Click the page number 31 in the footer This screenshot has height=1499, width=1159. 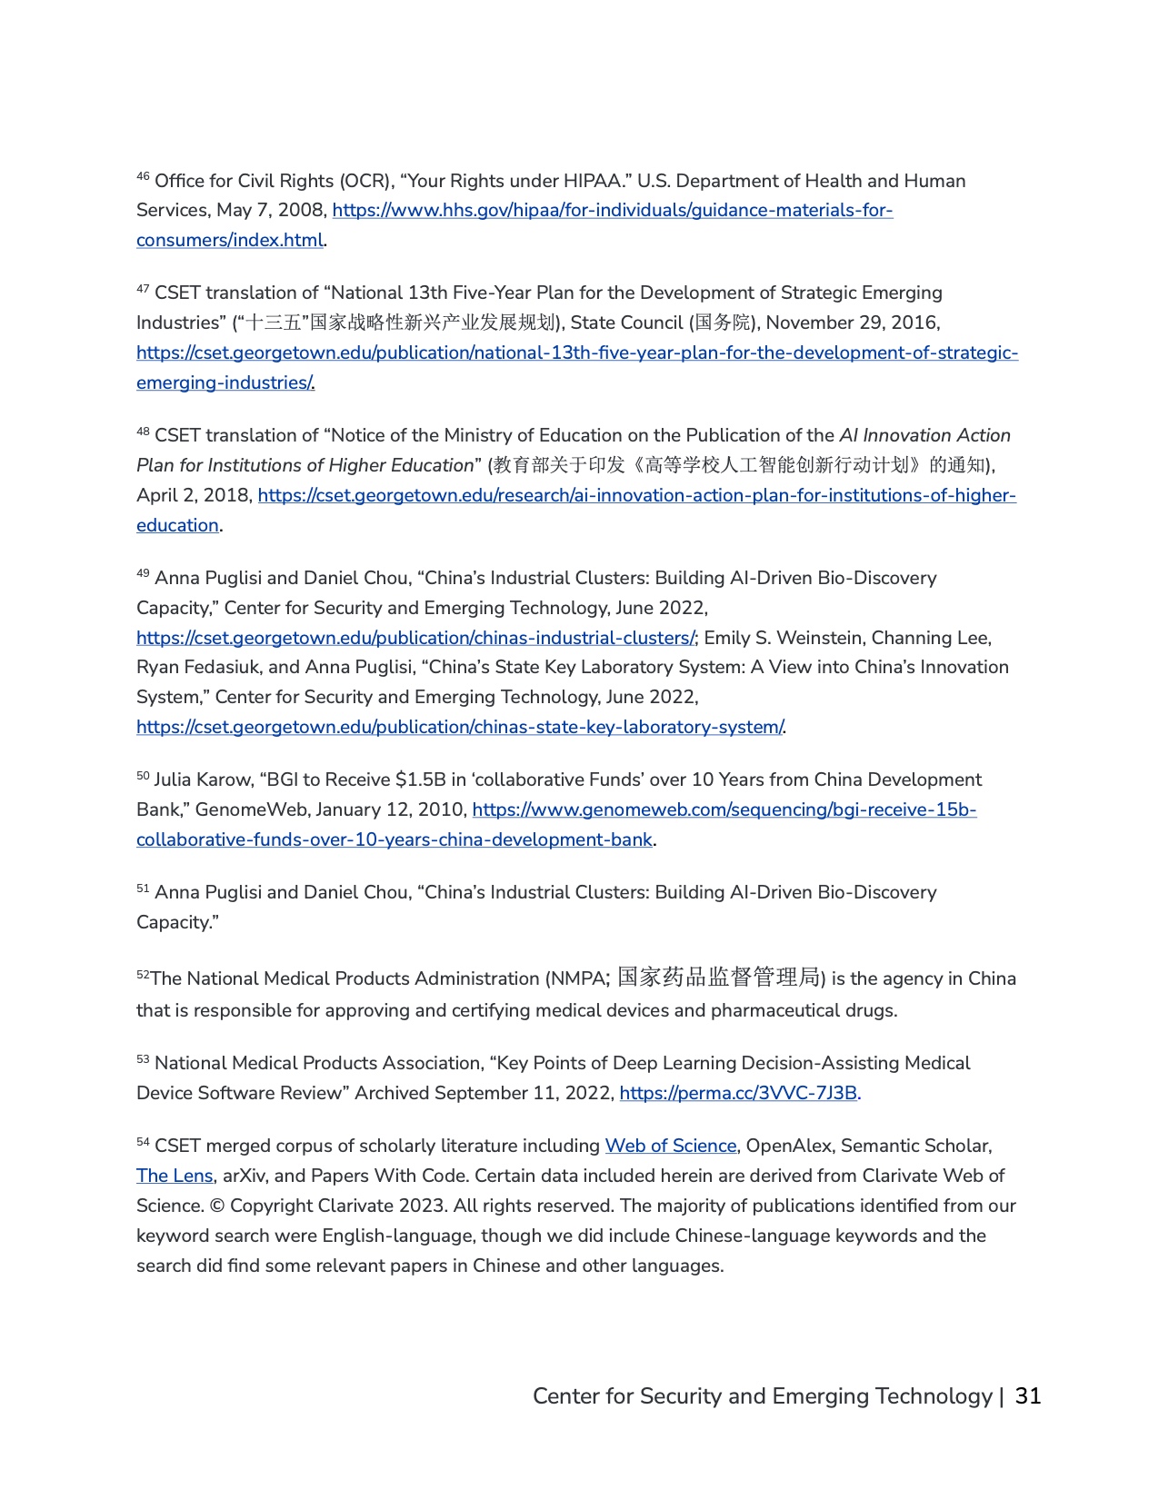(1028, 1396)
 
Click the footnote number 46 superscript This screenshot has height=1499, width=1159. (143, 176)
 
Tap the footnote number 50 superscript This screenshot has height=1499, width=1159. (143, 776)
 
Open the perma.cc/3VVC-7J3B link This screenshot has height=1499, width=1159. (738, 1093)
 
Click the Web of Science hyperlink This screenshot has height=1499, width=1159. (671, 1147)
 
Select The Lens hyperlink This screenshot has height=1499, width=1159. (175, 1176)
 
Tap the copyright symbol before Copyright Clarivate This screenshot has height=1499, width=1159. (216, 1206)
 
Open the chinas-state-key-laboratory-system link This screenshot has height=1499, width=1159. (459, 728)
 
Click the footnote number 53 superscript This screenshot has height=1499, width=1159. (143, 1059)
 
